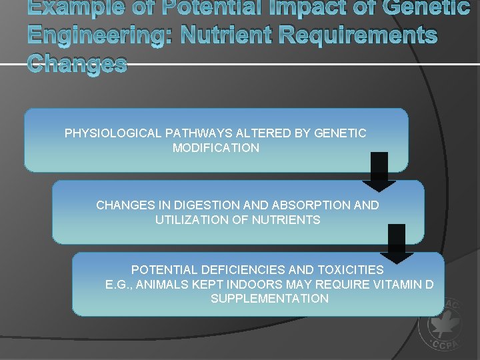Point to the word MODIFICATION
coord(215,148)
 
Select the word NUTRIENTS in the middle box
coord(287,219)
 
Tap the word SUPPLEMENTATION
coord(269,299)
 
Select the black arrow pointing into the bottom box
coord(397,243)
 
